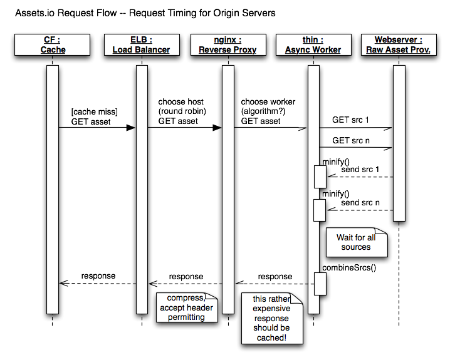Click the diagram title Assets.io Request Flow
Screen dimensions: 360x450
click(145, 13)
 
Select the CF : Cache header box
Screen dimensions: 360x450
click(53, 45)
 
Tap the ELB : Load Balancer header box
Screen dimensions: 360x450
click(141, 45)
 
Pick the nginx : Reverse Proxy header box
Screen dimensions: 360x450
click(228, 45)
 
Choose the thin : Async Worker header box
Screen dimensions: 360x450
click(313, 45)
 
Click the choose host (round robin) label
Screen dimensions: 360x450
click(181, 111)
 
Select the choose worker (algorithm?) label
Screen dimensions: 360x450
click(268, 111)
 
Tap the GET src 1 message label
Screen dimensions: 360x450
click(351, 119)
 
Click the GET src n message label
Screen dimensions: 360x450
click(351, 141)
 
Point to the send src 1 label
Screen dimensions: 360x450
click(360, 170)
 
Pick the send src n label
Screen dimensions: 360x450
click(360, 202)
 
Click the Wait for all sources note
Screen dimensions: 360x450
click(355, 242)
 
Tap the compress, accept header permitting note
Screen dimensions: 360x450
click(186, 307)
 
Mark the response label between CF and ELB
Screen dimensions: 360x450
click(98, 275)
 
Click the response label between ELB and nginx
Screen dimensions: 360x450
click(186, 276)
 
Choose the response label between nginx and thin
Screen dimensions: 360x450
click(275, 276)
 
